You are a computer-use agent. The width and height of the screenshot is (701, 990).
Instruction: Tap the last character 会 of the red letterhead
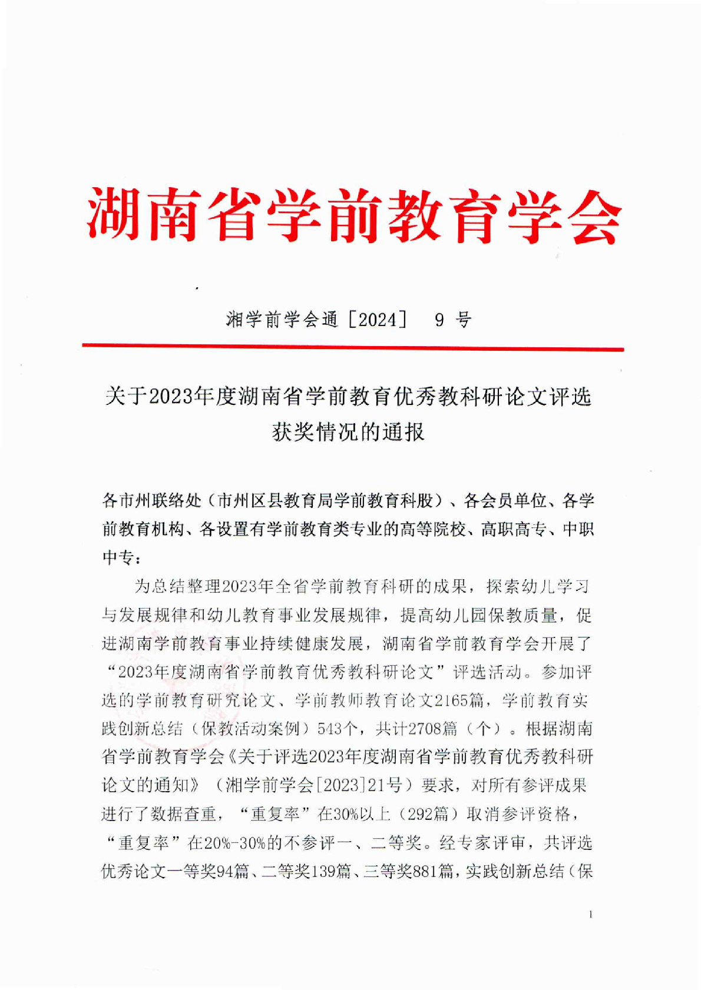tap(593, 215)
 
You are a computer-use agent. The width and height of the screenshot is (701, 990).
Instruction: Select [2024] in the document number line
tap(377, 320)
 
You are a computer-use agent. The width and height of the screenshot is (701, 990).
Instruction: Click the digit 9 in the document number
tap(439, 320)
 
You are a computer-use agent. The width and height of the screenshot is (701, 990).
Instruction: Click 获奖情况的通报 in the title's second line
tap(348, 432)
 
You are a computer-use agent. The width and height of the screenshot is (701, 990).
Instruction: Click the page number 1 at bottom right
tap(590, 914)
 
